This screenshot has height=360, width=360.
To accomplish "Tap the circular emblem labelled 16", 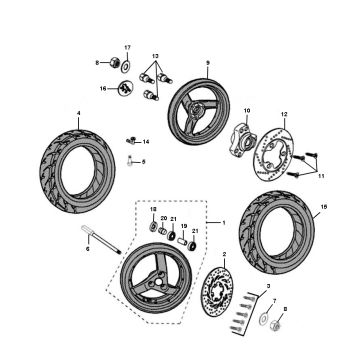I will [x=126, y=90].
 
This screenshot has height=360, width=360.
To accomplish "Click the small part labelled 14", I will [x=132, y=140].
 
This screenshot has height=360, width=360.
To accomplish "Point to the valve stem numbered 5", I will [x=132, y=161].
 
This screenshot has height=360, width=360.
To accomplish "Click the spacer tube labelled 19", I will [x=183, y=241].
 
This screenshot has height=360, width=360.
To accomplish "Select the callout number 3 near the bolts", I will [x=267, y=287].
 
